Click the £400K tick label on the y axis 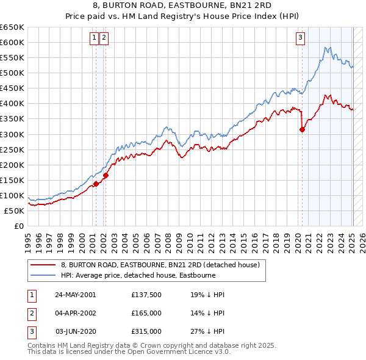click(x=12, y=103)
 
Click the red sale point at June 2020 click(x=302, y=129)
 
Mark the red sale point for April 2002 click(x=106, y=176)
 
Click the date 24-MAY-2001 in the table click(x=75, y=295)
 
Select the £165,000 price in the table click(x=146, y=313)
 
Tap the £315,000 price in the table click(x=146, y=331)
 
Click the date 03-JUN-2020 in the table click(x=75, y=331)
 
